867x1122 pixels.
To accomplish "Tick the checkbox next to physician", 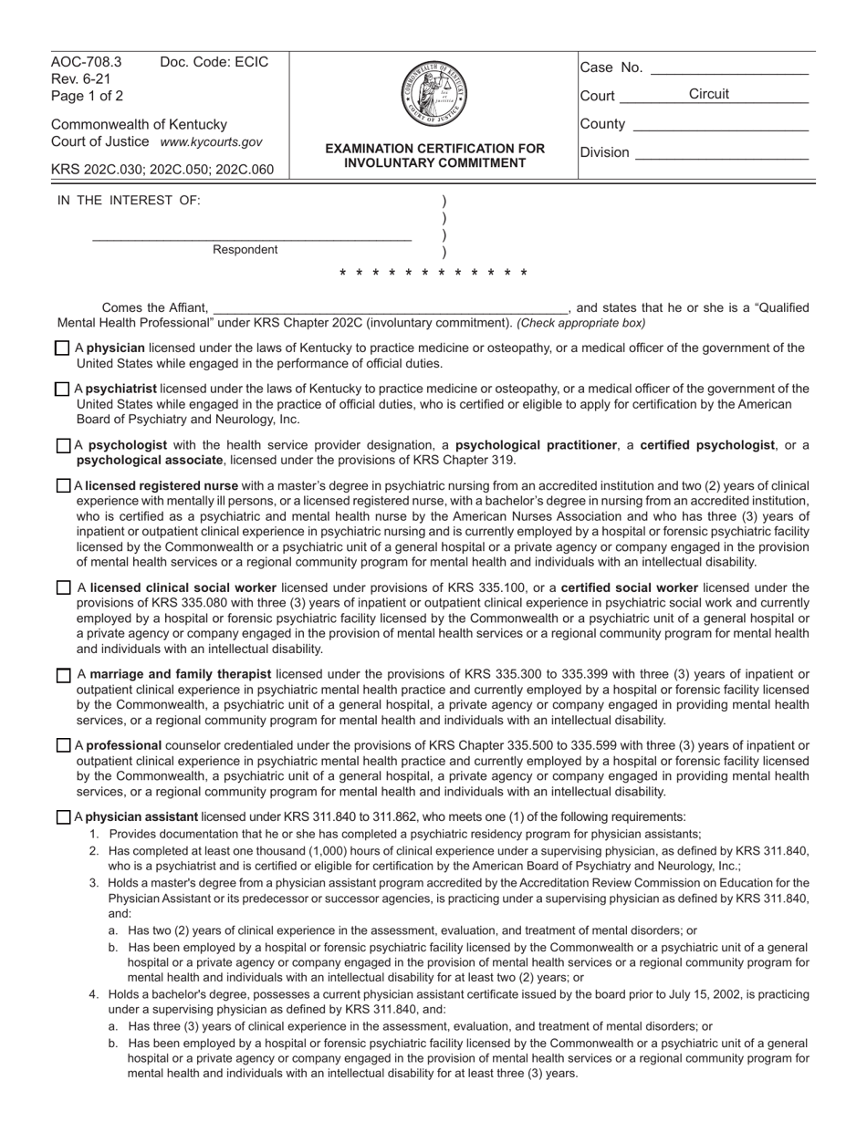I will point(62,348).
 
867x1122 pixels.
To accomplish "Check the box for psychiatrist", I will point(62,390).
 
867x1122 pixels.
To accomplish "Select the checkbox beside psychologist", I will point(62,446).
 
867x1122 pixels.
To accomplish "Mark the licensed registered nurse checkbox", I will point(62,486).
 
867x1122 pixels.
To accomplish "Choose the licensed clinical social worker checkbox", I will point(62,588).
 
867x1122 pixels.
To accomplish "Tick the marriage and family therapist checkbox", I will point(62,676).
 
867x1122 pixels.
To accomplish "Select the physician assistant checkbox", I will point(62,817).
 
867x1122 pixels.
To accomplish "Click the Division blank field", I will point(721,153).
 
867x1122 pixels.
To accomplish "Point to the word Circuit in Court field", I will point(708,95).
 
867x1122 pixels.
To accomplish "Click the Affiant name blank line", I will point(390,308).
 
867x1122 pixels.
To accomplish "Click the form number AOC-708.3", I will point(86,63).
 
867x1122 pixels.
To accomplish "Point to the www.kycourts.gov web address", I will point(211,142).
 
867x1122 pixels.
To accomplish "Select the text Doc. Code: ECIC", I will point(214,63).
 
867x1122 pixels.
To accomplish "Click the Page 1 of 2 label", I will point(88,96).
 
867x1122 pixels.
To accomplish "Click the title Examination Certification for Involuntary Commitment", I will point(434,156).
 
